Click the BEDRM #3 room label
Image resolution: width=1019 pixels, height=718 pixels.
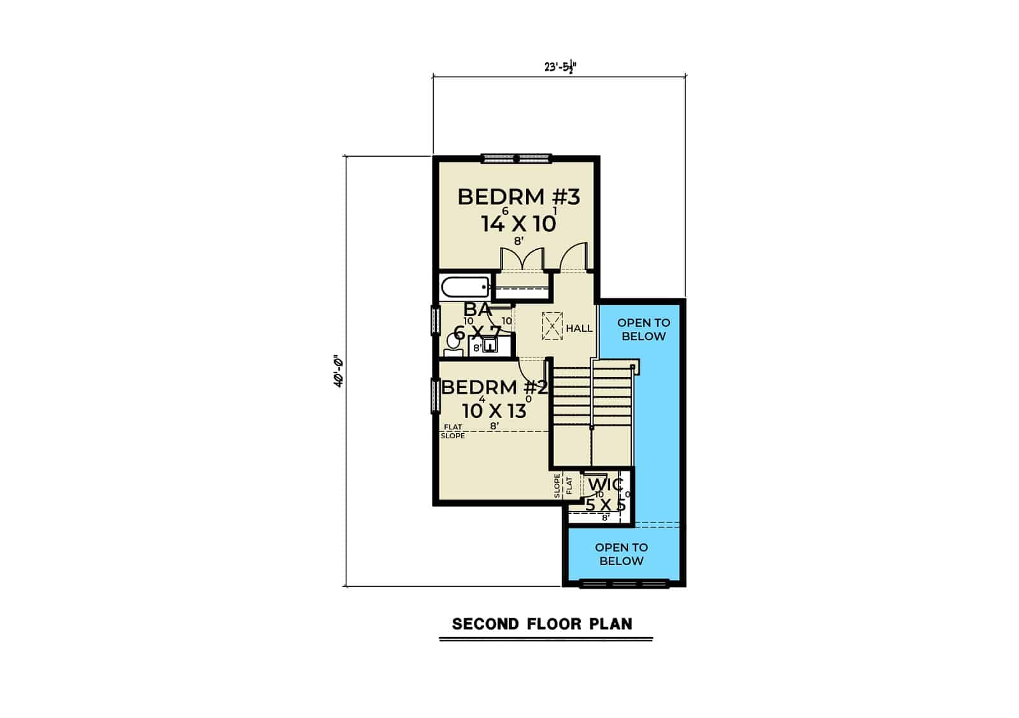pyautogui.click(x=518, y=197)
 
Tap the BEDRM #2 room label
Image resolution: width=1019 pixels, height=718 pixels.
pyautogui.click(x=494, y=387)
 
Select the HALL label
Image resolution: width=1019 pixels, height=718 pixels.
pyautogui.click(x=579, y=328)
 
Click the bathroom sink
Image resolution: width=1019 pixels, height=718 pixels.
pyautogui.click(x=490, y=346)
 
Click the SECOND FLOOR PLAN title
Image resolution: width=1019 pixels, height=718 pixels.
pyautogui.click(x=542, y=624)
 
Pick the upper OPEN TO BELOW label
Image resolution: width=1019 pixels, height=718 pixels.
pyautogui.click(x=643, y=329)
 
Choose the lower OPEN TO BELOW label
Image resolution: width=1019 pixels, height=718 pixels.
pyautogui.click(x=621, y=554)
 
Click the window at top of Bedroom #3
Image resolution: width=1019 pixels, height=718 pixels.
pyautogui.click(x=516, y=158)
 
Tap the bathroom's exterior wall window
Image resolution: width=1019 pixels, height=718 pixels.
pyautogui.click(x=436, y=320)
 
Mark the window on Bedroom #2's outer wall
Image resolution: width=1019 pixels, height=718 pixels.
pyautogui.click(x=436, y=396)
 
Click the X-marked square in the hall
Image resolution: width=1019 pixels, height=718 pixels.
pyautogui.click(x=552, y=325)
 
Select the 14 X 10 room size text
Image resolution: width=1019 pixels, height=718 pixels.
pyautogui.click(x=518, y=224)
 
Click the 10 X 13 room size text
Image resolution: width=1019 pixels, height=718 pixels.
pyautogui.click(x=494, y=411)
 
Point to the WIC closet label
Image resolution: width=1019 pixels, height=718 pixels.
pyautogui.click(x=605, y=485)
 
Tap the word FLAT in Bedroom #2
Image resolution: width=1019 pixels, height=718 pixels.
pyautogui.click(x=453, y=427)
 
